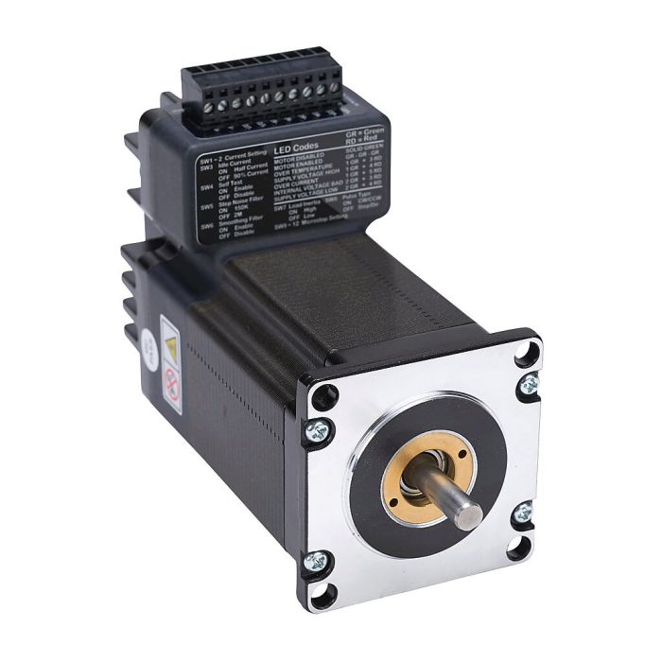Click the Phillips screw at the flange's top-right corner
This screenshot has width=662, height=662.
tap(529, 383)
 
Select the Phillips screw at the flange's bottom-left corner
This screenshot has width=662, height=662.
tap(319, 562)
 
